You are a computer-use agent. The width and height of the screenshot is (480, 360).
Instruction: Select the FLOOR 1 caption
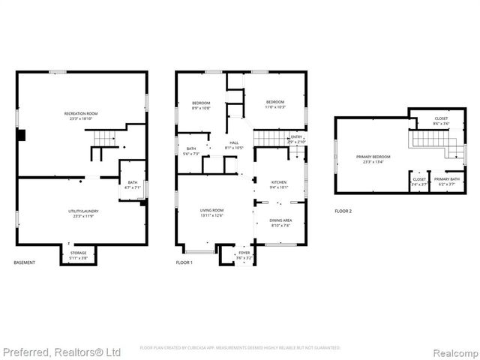coord(184,263)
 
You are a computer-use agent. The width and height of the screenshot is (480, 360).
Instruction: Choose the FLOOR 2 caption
coord(343,211)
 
